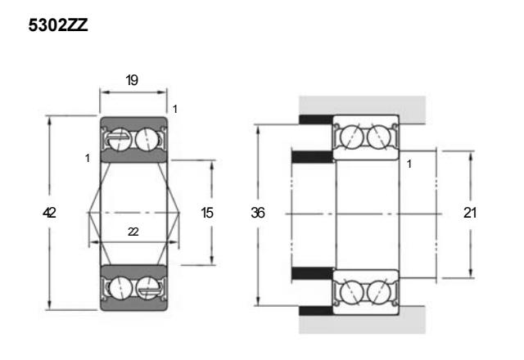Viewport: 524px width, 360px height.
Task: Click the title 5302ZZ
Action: click(x=58, y=25)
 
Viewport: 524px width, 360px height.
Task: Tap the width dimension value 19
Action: click(x=132, y=80)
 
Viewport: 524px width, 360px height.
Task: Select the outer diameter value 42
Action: click(x=49, y=213)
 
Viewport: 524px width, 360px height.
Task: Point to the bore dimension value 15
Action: click(x=207, y=213)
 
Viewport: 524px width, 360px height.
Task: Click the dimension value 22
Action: click(x=133, y=232)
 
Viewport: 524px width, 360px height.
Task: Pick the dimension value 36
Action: click(x=258, y=213)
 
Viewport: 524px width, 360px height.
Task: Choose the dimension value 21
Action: click(x=469, y=213)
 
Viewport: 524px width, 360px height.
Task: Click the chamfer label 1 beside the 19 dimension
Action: click(x=174, y=109)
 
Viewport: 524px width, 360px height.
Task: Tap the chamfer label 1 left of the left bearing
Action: click(x=88, y=158)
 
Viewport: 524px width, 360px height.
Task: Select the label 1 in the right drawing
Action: click(x=409, y=164)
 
